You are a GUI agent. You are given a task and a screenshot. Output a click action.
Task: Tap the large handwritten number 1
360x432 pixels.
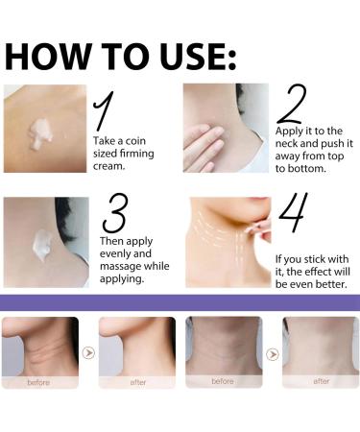click(104, 110)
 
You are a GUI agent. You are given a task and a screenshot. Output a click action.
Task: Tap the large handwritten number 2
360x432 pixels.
click(292, 104)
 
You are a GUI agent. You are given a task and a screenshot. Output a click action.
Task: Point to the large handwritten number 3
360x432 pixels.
click(115, 213)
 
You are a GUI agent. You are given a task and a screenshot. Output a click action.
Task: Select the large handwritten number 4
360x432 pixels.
click(293, 213)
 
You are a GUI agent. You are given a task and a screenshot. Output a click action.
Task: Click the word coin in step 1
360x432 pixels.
click(135, 141)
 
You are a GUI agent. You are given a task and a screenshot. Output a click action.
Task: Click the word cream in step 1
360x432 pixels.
click(108, 166)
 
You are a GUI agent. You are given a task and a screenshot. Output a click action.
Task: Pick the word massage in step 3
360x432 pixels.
click(121, 267)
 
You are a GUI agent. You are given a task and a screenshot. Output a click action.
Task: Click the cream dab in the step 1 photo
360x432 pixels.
click(40, 133)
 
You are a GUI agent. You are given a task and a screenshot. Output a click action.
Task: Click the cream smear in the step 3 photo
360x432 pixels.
click(42, 244)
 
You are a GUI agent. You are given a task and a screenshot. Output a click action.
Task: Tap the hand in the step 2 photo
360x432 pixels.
click(204, 148)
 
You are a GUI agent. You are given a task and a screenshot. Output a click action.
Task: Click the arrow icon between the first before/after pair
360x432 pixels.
click(88, 353)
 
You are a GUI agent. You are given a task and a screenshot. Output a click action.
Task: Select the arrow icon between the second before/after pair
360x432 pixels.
click(273, 354)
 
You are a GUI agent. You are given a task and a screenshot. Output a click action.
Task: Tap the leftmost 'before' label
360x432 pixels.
click(38, 382)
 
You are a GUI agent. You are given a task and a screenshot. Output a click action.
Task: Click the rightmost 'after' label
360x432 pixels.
click(321, 381)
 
